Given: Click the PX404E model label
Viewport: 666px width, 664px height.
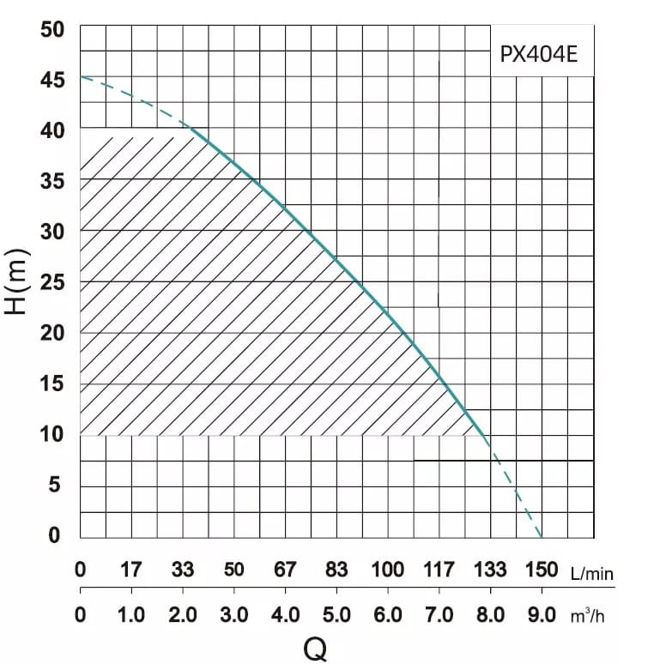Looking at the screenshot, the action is tap(539, 54).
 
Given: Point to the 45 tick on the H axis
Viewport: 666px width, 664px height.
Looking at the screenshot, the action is tap(52, 80).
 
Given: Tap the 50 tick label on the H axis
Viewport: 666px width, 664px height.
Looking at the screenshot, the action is tap(52, 30).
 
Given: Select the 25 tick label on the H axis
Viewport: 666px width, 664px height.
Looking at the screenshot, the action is tap(52, 282).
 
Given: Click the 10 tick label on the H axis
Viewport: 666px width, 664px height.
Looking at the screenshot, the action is tap(52, 434).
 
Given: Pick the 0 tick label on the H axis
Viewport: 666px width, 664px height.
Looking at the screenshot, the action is tap(54, 535).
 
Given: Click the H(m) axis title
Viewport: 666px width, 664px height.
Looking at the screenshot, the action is tap(17, 282).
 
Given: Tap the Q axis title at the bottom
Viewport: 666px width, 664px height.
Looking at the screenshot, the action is tap(315, 649).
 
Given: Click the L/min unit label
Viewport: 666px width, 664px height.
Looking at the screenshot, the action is tap(592, 574).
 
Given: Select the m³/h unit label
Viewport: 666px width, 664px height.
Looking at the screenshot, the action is tap(587, 616).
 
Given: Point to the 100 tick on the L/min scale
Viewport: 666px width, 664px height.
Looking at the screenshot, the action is tap(388, 570).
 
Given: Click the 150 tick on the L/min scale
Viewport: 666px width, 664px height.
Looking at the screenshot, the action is tap(542, 570).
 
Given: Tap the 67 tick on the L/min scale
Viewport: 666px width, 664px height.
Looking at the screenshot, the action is tap(285, 570).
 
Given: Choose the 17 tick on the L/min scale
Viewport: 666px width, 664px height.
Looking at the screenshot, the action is tap(130, 570).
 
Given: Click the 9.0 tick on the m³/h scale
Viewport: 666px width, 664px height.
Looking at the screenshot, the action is tap(542, 615).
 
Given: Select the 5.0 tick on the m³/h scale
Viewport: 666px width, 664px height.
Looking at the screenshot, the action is tap(336, 615).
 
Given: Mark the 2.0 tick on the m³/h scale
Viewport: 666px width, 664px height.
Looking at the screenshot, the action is tap(183, 615).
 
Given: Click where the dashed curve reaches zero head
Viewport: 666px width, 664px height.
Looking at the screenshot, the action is tap(542, 538).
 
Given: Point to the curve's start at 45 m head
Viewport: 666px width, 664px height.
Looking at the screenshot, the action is tap(81, 76).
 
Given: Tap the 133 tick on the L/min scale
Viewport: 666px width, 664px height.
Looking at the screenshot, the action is tap(490, 570).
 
